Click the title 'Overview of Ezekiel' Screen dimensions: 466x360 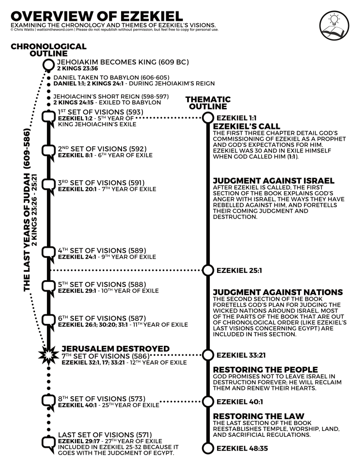(95, 14)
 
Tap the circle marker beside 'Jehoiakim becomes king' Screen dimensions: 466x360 (48, 65)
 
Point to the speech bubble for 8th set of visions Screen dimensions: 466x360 (48, 401)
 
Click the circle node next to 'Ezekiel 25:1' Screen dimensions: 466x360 (208, 270)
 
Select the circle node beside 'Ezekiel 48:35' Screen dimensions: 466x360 (208, 449)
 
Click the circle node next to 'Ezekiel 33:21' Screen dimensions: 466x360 (208, 354)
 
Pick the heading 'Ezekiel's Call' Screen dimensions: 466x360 (246, 126)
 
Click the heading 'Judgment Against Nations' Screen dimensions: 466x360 (278, 292)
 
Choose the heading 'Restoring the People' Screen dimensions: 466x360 (265, 369)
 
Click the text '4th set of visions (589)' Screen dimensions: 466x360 (101, 251)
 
